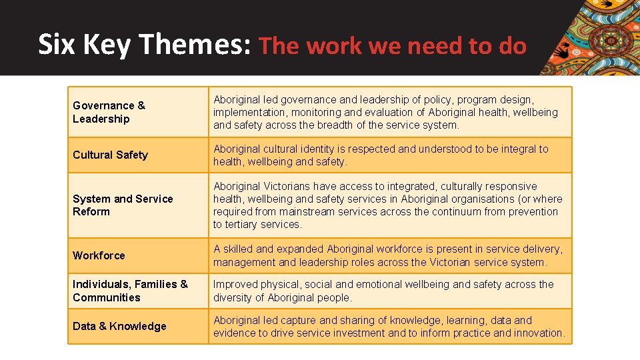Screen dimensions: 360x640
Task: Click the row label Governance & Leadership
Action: tap(109, 112)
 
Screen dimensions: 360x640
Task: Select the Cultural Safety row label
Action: tap(110, 155)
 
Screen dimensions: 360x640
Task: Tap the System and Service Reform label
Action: tap(123, 205)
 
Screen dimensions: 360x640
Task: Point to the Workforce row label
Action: tap(99, 255)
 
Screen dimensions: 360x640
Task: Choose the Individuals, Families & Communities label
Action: tap(130, 291)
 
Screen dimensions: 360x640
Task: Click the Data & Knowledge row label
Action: tap(119, 326)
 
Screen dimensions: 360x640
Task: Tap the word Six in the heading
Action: tap(55, 45)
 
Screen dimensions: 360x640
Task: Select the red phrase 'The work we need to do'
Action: tap(392, 46)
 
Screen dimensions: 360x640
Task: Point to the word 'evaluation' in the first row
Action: tap(376, 113)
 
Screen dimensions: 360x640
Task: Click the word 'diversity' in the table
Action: tap(235, 297)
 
